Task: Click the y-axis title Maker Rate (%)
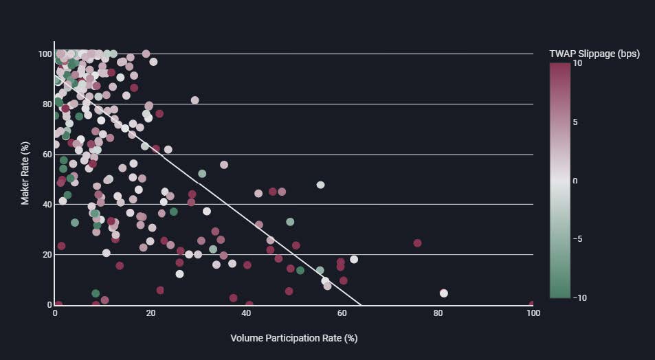coord(25,179)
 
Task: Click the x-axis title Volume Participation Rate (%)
coord(293,338)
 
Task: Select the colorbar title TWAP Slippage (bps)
coord(595,54)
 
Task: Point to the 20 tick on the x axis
coord(151,313)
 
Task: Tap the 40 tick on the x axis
coord(246,313)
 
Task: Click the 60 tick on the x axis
coord(342,313)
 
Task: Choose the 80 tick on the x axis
coord(438,313)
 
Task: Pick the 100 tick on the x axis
coord(533,313)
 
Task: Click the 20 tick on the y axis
coord(45,255)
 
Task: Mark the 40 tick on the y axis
coord(45,205)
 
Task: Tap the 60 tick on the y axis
coord(45,155)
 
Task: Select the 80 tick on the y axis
coord(45,104)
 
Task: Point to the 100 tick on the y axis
coord(43,54)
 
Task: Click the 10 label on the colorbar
coord(577,63)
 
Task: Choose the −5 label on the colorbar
coord(577,239)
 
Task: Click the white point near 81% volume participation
coord(444,293)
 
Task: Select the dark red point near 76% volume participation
coord(417,243)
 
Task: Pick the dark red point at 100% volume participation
coord(532,304)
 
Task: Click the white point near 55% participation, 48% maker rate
coord(320,185)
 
